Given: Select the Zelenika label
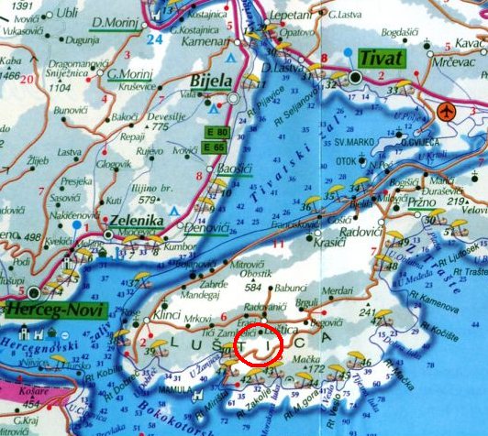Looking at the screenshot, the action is [x=137, y=221].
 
